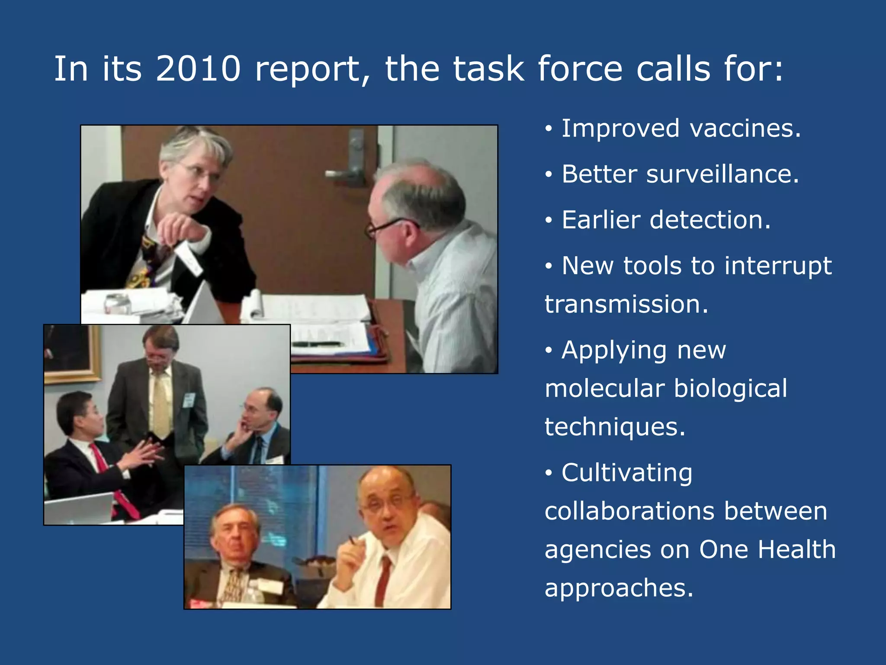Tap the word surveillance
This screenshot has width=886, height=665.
click(723, 174)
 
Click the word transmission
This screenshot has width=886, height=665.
click(626, 304)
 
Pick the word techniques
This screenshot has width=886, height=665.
click(614, 427)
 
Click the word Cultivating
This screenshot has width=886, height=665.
click(627, 472)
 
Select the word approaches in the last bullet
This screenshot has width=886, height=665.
click(619, 588)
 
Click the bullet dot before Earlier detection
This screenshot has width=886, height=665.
click(549, 220)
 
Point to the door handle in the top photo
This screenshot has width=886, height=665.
click(346, 173)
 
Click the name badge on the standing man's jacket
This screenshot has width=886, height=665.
click(189, 400)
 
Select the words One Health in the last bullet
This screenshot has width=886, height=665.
click(767, 549)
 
